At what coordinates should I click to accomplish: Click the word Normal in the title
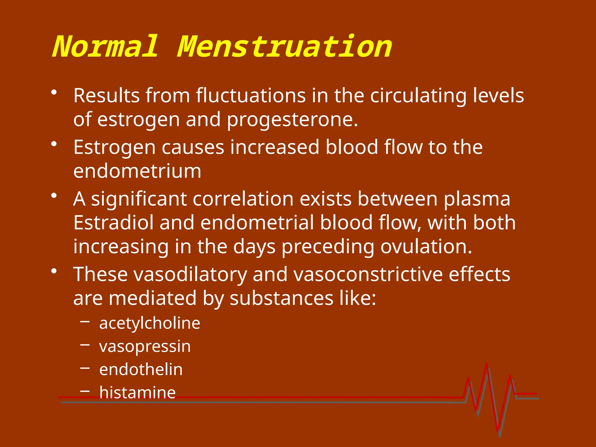pyautogui.click(x=105, y=47)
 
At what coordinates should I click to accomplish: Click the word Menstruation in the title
pyautogui.click(x=285, y=47)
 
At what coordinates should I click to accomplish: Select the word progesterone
pyautogui.click(x=292, y=120)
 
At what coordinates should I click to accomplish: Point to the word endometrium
pyautogui.click(x=137, y=171)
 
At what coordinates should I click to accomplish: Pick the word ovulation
pyautogui.click(x=426, y=247)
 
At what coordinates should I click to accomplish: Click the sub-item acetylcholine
pyautogui.click(x=150, y=323)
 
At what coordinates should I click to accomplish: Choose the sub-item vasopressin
pyautogui.click(x=145, y=347)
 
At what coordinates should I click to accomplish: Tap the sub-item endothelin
pyautogui.click(x=141, y=370)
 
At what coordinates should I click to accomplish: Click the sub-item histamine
pyautogui.click(x=137, y=392)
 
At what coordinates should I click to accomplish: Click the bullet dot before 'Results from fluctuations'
pyautogui.click(x=54, y=93)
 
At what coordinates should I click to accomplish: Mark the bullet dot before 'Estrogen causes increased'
pyautogui.click(x=54, y=144)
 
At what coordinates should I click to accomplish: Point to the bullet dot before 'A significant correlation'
pyautogui.click(x=54, y=196)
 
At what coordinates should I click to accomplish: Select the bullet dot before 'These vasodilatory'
pyautogui.click(x=54, y=271)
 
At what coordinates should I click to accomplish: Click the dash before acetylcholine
pyautogui.click(x=85, y=322)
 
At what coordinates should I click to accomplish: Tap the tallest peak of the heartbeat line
pyautogui.click(x=487, y=364)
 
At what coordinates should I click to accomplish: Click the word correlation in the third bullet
pyautogui.click(x=243, y=199)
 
